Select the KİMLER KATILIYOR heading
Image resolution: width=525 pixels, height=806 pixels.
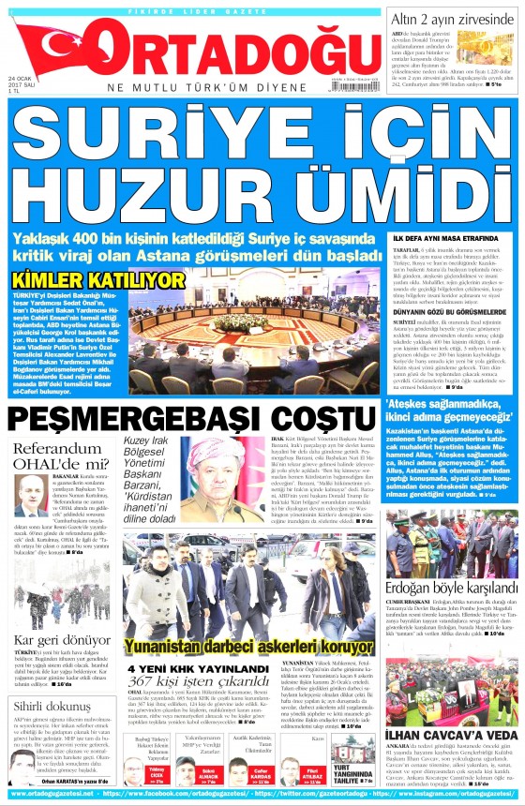(98, 280)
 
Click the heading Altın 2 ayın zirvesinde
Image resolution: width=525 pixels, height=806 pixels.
(455, 18)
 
